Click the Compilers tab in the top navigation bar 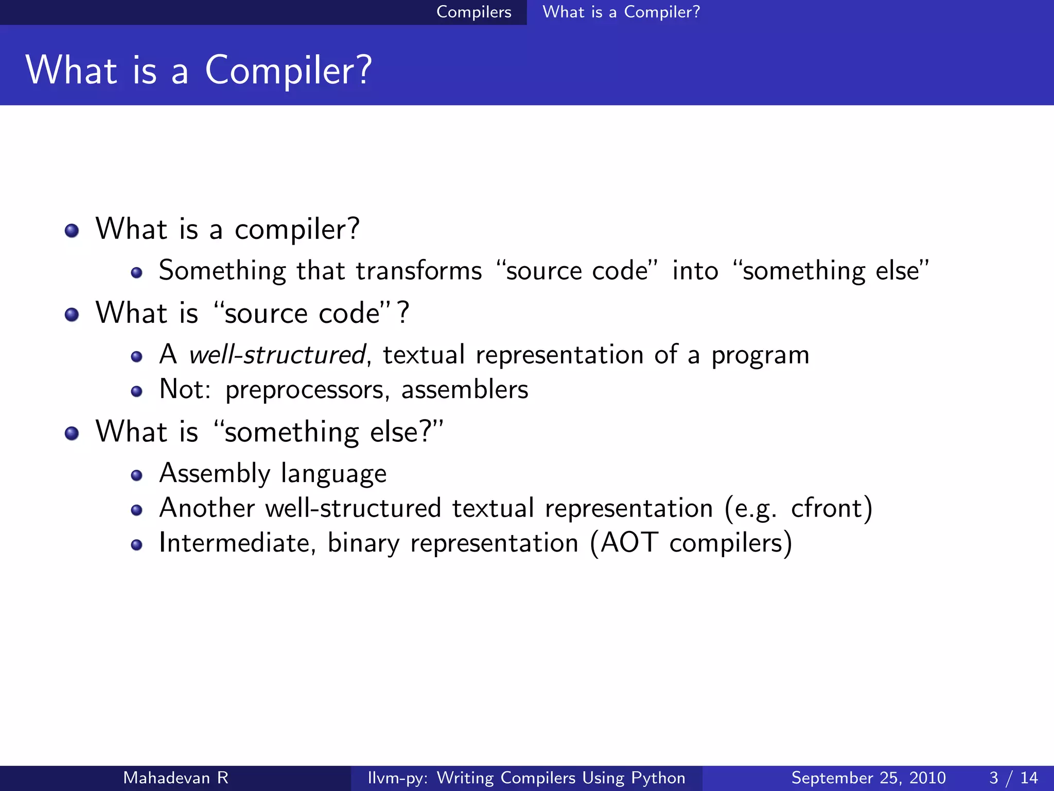coord(473,12)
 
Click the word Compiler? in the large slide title coord(288,71)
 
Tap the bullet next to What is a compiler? coord(72,230)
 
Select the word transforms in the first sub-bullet coord(418,271)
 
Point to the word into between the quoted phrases coord(695,271)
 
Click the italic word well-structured coord(277,355)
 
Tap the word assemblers coord(464,389)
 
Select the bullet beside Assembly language coord(136,475)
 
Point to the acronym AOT coord(629,543)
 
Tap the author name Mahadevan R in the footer coord(175,778)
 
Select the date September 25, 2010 coord(868,778)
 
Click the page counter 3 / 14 coord(1013,778)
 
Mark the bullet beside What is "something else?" coord(72,433)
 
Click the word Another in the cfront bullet coord(207,508)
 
